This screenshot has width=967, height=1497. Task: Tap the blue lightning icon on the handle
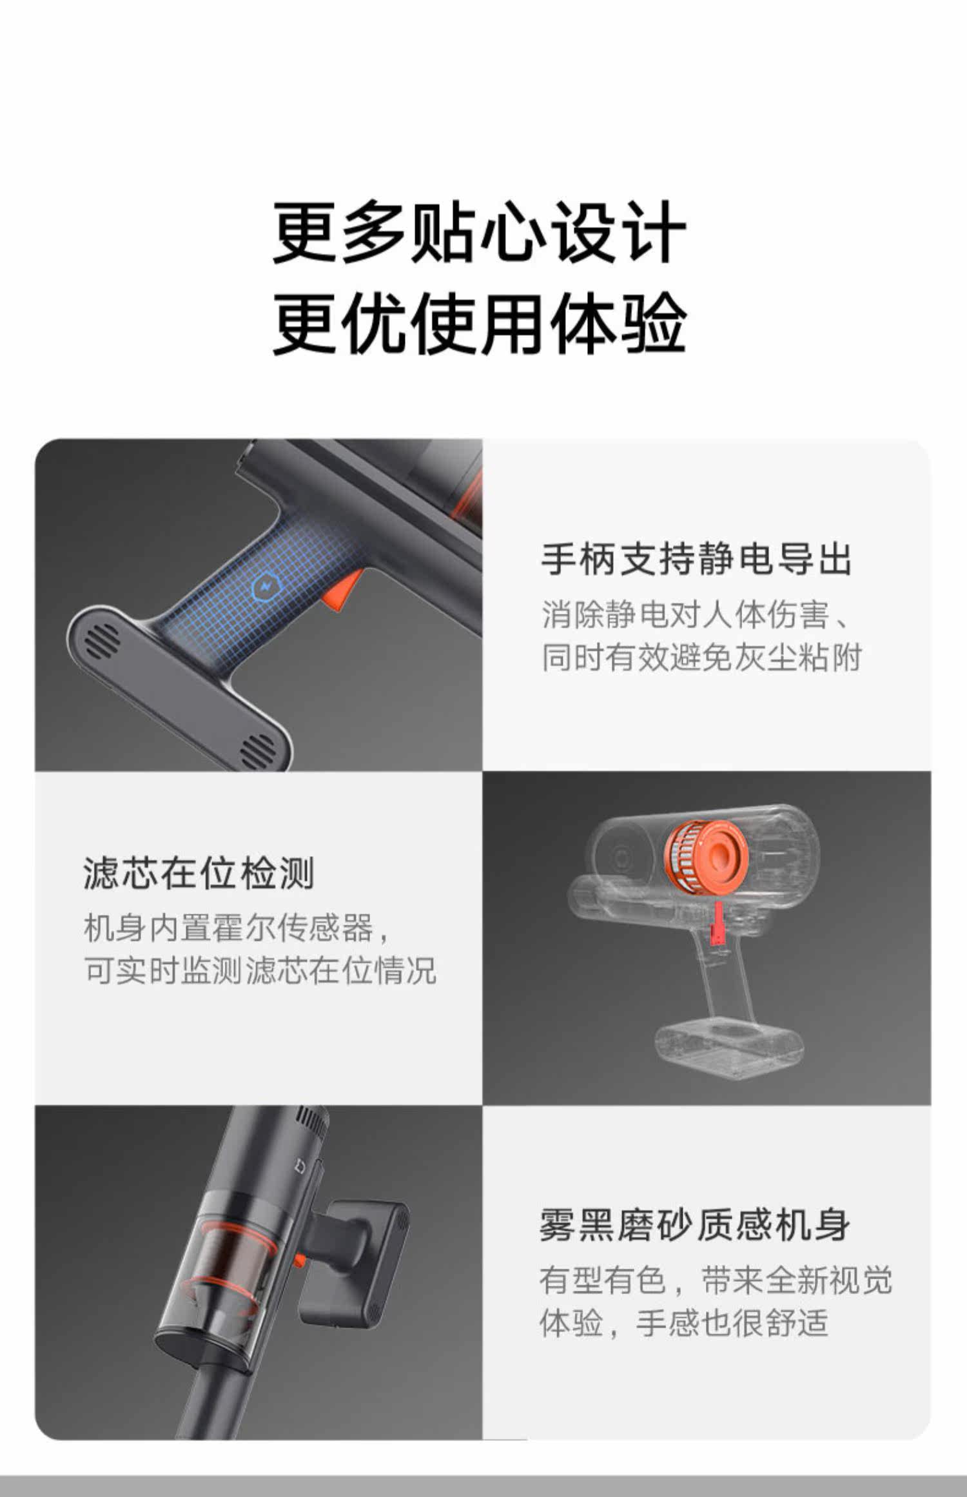pyautogui.click(x=264, y=586)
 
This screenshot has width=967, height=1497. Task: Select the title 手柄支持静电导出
pyautogui.click(x=696, y=558)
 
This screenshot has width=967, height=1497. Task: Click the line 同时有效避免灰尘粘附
pyautogui.click(x=701, y=658)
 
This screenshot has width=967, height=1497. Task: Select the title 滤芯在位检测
pyautogui.click(x=199, y=874)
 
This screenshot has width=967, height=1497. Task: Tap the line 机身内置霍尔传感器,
pyautogui.click(x=237, y=928)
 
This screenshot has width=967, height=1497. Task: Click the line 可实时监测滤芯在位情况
pyautogui.click(x=260, y=970)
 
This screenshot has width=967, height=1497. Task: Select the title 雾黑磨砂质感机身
pyautogui.click(x=695, y=1225)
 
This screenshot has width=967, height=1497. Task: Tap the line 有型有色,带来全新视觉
pyautogui.click(x=716, y=1280)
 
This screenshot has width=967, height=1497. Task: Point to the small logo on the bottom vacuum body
pyautogui.click(x=304, y=1164)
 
